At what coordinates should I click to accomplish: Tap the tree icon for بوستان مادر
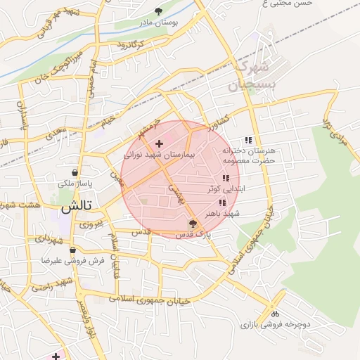pyautogui.click(x=158, y=11)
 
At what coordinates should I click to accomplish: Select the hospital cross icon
pyautogui.click(x=158, y=143)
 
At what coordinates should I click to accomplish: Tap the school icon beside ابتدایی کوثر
pyautogui.click(x=225, y=179)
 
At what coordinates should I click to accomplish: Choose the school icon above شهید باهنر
pyautogui.click(x=222, y=202)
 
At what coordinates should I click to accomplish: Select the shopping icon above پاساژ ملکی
pyautogui.click(x=75, y=172)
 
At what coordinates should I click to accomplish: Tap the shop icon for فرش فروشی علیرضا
pyautogui.click(x=72, y=249)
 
